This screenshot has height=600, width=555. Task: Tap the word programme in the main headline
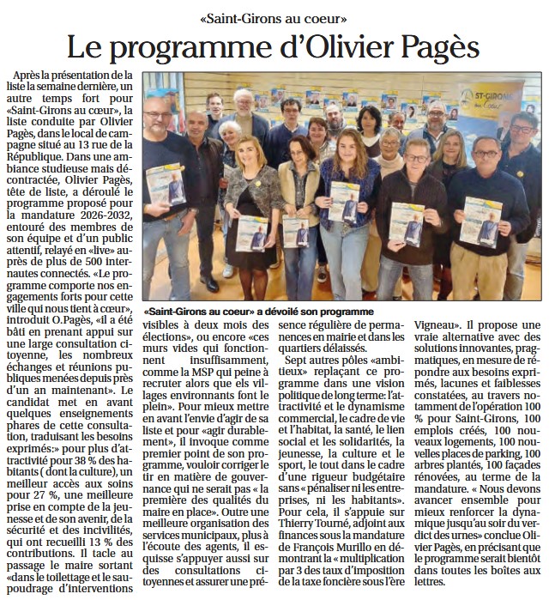click(x=225, y=45)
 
